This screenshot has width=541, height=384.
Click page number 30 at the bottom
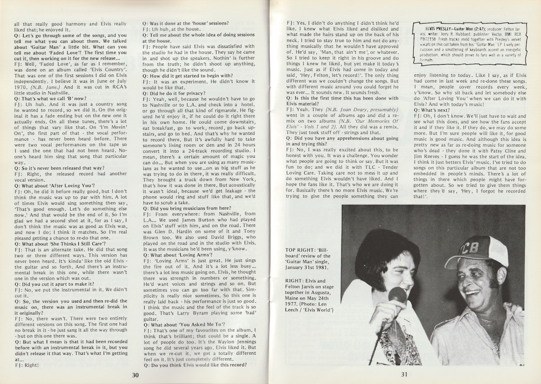(136, 375)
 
